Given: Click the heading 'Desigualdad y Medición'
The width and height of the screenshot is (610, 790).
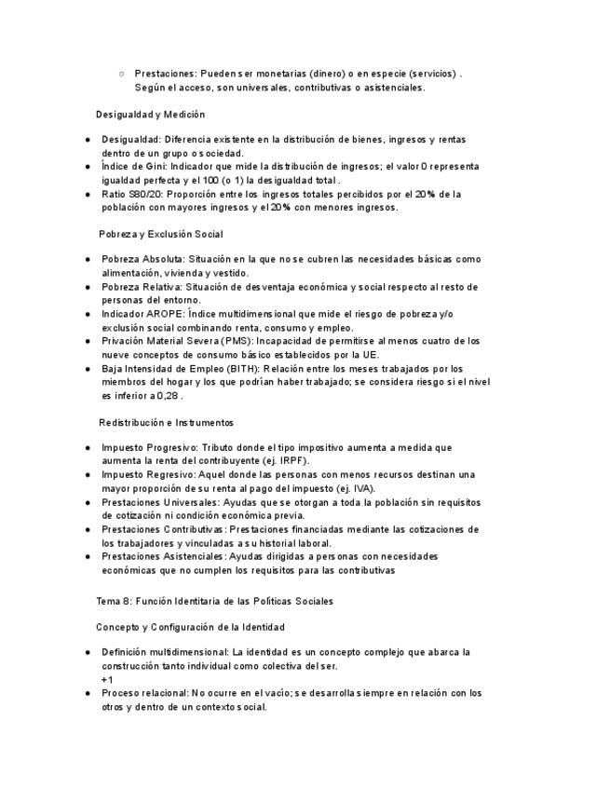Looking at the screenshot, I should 150,115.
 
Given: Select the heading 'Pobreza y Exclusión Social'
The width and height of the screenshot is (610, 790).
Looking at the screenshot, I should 161,233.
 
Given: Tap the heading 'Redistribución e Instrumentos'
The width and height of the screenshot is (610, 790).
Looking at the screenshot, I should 166,422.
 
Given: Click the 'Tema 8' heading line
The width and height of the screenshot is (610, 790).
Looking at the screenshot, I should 215,601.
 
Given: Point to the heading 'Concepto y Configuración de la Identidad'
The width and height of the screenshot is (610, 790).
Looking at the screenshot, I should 190,627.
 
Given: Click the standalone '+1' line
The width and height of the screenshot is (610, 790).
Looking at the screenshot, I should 107,679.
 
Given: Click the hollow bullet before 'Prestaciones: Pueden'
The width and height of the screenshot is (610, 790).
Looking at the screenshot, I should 122,73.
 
